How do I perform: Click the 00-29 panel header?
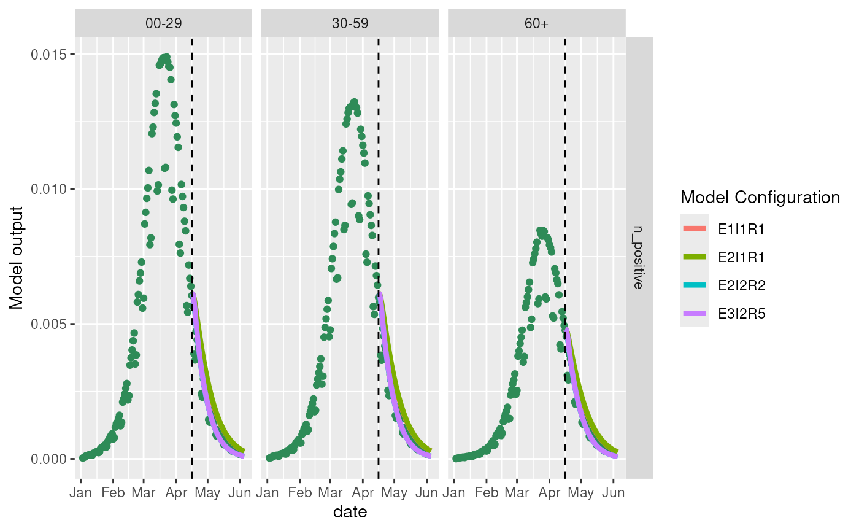pyautogui.click(x=163, y=23)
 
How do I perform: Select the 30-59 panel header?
pyautogui.click(x=350, y=23)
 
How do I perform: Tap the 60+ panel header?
pyautogui.click(x=536, y=23)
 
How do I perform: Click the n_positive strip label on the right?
pyautogui.click(x=639, y=257)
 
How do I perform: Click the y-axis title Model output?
pyautogui.click(x=18, y=257)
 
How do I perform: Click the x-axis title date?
pyautogui.click(x=350, y=511)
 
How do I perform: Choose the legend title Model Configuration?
pyautogui.click(x=760, y=198)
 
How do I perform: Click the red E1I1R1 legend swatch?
pyautogui.click(x=695, y=229)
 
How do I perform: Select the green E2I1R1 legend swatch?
pyautogui.click(x=695, y=257)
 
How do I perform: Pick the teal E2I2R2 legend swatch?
pyautogui.click(x=695, y=285)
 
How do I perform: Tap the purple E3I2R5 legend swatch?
pyautogui.click(x=695, y=314)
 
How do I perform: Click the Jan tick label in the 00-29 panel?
pyautogui.click(x=80, y=492)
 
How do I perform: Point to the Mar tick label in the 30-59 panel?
pyautogui.click(x=330, y=492)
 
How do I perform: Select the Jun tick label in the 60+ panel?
pyautogui.click(x=613, y=492)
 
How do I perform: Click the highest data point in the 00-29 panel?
pyautogui.click(x=166, y=57)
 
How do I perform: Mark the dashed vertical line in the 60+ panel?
pyautogui.click(x=565, y=184)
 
